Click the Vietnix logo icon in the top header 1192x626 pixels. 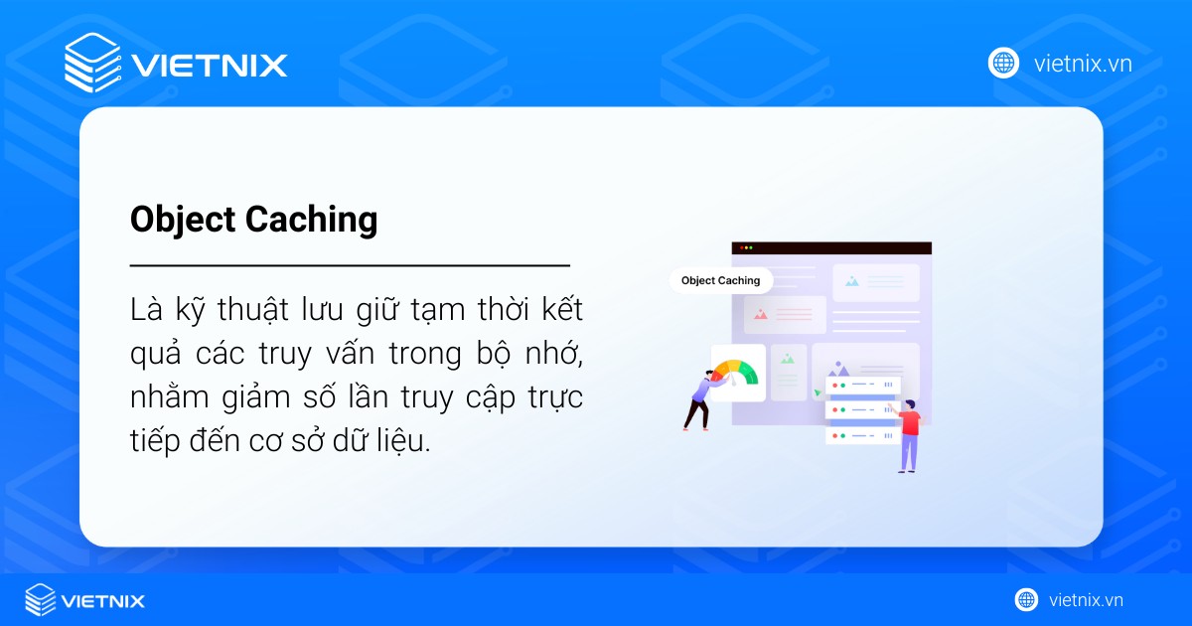click(91, 64)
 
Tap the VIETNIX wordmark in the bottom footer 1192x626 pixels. click(103, 601)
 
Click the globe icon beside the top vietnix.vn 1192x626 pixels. click(1003, 64)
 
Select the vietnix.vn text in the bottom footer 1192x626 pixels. click(1086, 600)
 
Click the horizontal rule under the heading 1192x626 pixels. click(350, 266)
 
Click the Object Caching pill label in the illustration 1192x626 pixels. click(720, 280)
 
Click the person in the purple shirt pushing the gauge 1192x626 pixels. click(698, 397)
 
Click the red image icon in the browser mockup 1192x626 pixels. click(761, 314)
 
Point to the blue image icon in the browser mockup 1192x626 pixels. click(851, 281)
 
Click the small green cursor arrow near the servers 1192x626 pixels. click(818, 392)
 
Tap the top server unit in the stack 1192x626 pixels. click(860, 384)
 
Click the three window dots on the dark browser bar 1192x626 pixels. click(745, 247)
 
